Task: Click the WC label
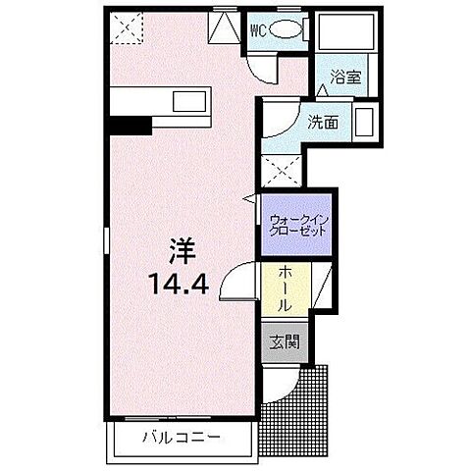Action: [257, 28]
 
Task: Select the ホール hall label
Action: [285, 289]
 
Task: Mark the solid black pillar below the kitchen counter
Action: [130, 124]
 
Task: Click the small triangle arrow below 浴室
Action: [324, 90]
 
